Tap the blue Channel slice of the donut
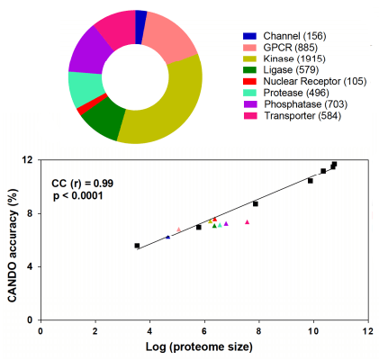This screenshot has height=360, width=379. (140, 27)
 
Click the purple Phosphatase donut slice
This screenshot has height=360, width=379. (87, 52)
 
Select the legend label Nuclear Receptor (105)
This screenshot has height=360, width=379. (315, 81)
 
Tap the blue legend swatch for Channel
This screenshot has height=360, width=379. (249, 36)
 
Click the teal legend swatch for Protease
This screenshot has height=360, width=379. (249, 93)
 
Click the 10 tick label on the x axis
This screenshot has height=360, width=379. (313, 331)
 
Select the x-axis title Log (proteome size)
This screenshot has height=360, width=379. (199, 346)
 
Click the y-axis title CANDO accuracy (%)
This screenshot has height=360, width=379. (13, 246)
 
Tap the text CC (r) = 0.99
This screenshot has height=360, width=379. (83, 184)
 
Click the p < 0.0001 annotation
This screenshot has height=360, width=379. (78, 196)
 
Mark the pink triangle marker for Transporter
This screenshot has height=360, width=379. (248, 222)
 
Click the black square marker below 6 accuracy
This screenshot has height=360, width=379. (137, 246)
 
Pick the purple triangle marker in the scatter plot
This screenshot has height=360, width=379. (226, 223)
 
